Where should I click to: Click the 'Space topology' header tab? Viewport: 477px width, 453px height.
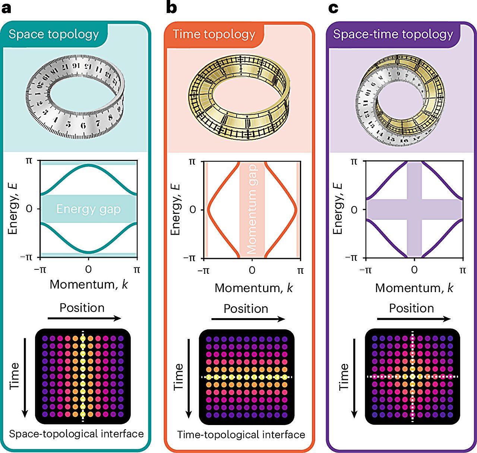coord(54,34)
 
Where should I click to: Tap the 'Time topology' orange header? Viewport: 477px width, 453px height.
coord(214,34)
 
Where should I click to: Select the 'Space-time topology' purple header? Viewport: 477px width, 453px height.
coord(393,34)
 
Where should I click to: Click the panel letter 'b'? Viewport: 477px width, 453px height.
coord(171,7)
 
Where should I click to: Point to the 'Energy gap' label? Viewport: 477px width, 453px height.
coord(88,209)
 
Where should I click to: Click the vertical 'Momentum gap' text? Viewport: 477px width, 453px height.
coord(252,209)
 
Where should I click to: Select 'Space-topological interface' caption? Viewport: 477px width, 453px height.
coord(76,434)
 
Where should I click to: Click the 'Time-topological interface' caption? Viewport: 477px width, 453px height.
coord(241,435)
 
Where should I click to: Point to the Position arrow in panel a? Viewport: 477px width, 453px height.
coord(85,318)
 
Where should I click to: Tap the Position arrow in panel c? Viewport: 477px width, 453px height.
coord(414,319)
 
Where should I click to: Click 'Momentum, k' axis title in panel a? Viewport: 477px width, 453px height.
coord(88,285)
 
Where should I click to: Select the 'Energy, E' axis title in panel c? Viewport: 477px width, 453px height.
coord(338,209)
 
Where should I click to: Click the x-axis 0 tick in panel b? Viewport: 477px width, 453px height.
coord(252,270)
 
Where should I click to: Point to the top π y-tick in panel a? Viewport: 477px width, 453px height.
coord(29,161)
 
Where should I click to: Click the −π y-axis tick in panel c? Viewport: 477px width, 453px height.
coord(351,258)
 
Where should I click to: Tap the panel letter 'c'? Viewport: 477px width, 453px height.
coord(333,7)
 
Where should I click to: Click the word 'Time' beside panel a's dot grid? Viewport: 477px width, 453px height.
coord(14,376)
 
